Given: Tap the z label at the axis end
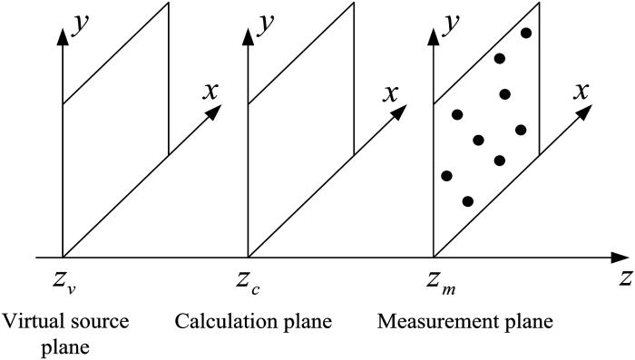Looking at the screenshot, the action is click(x=624, y=279).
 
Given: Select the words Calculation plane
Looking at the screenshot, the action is click(x=253, y=322).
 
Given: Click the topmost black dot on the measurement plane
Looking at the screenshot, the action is click(x=525, y=34).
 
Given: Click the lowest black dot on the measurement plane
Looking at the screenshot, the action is click(x=468, y=201).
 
